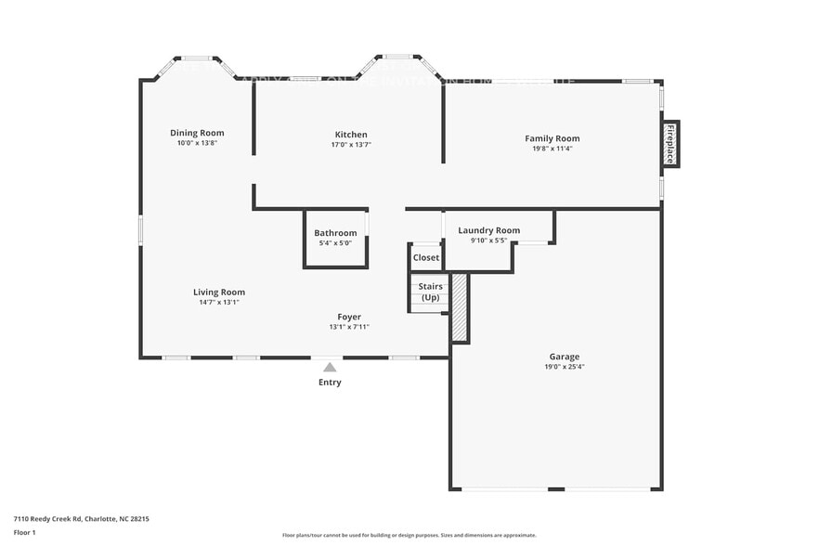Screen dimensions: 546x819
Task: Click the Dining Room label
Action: click(197, 133)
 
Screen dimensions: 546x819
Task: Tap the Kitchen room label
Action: click(351, 135)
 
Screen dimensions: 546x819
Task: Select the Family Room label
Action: click(552, 138)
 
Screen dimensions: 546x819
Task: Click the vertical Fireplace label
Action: click(669, 145)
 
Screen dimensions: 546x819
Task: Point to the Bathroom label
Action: click(335, 233)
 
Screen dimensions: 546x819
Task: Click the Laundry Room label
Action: click(488, 230)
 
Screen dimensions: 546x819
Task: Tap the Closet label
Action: click(426, 257)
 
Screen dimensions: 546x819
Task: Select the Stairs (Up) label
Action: click(431, 292)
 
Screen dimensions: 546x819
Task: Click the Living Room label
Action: click(219, 292)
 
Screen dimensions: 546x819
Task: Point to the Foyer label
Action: click(349, 317)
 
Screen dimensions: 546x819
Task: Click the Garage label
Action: click(564, 357)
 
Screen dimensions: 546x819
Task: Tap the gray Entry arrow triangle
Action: click(330, 367)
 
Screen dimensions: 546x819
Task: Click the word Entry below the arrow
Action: click(330, 383)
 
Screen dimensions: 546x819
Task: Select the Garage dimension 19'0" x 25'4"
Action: click(564, 367)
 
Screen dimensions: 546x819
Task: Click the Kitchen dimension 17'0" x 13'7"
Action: click(351, 145)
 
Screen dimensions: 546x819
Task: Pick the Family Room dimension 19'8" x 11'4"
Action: click(552, 149)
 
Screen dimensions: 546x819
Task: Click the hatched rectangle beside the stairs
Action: click(459, 307)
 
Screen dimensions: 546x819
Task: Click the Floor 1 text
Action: click(24, 532)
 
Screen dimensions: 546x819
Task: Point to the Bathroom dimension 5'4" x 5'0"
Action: click(335, 243)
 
